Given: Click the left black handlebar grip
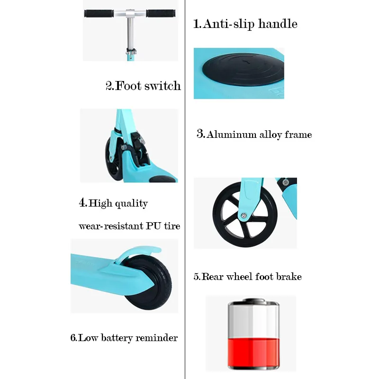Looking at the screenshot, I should click(x=99, y=14).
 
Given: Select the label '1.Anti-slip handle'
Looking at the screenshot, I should click(x=245, y=24).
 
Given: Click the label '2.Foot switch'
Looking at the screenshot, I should click(x=143, y=86).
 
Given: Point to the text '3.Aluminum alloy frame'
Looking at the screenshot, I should click(x=254, y=135).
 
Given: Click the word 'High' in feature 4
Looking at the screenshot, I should click(x=100, y=203).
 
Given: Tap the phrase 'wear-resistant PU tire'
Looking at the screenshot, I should click(x=129, y=226).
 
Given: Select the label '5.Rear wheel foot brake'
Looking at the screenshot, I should click(x=247, y=277).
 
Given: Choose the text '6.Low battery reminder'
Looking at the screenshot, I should click(x=124, y=338).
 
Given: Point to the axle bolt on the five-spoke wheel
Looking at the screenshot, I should click(x=244, y=215).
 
